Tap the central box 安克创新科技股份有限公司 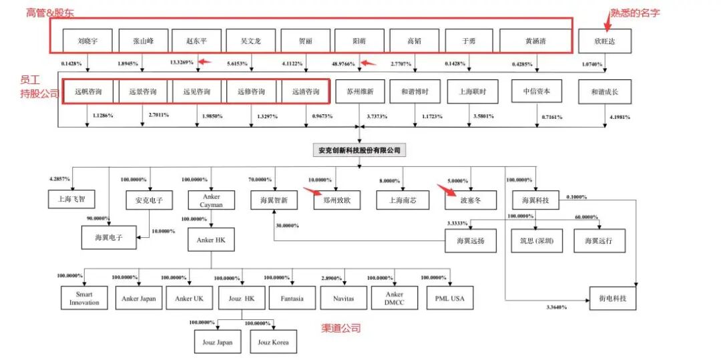tap(360, 150)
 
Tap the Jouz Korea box tap(273, 341)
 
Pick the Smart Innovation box tap(84, 298)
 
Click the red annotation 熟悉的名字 tap(635, 13)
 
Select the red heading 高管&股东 tap(49, 13)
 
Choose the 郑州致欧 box tap(336, 200)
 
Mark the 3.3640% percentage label tap(556, 308)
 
